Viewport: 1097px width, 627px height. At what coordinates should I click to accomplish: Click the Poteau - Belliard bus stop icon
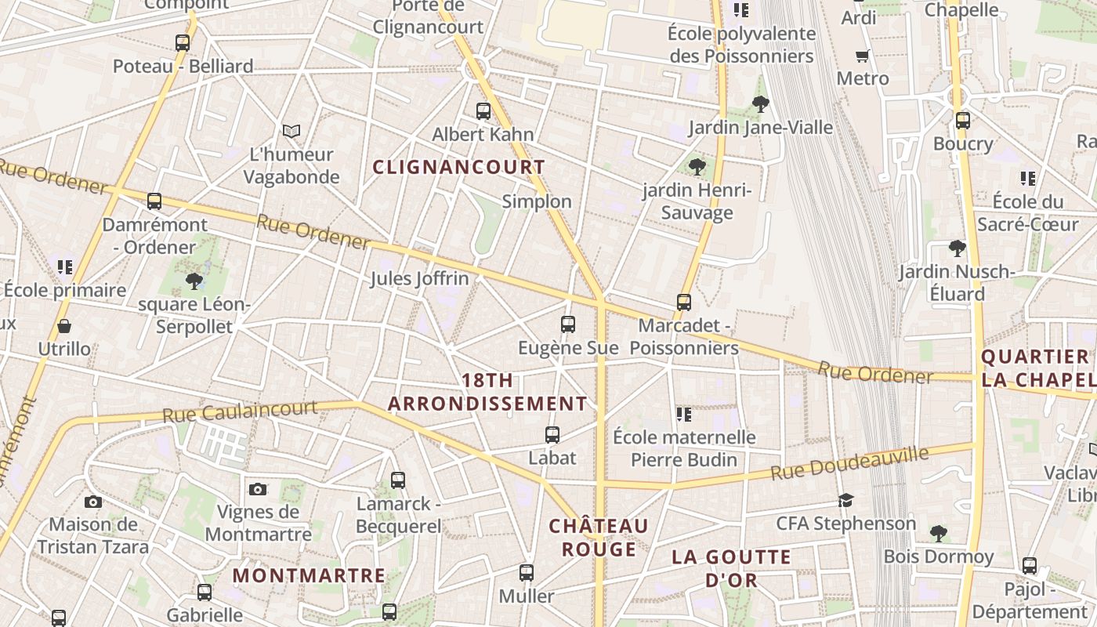click(x=183, y=43)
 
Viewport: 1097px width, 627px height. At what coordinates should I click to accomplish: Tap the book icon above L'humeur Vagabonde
click(x=291, y=131)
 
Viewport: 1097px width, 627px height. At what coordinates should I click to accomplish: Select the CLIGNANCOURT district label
click(x=458, y=167)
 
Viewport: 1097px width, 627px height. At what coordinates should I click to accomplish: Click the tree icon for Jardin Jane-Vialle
click(x=760, y=103)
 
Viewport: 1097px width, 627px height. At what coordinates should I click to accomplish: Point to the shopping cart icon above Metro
click(x=863, y=56)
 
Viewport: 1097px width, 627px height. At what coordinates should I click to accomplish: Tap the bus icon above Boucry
click(x=963, y=121)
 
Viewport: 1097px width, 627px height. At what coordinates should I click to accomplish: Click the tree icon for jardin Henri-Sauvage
click(x=697, y=166)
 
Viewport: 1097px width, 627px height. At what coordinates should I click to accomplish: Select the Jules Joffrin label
click(x=419, y=278)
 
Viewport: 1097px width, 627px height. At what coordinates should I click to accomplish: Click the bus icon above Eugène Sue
click(x=568, y=324)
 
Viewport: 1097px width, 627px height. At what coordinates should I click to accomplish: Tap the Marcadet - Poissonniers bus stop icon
click(x=684, y=302)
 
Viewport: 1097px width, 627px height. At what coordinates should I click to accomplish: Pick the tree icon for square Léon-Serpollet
click(x=194, y=281)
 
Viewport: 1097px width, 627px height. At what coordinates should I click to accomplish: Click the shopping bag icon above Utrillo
click(x=64, y=325)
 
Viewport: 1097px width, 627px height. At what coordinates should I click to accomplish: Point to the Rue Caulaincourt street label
click(x=240, y=411)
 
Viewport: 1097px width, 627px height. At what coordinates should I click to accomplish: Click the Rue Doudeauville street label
click(x=849, y=463)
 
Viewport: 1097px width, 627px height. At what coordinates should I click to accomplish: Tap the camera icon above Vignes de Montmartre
click(x=258, y=490)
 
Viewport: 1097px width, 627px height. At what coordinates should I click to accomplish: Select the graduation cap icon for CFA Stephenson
click(x=845, y=500)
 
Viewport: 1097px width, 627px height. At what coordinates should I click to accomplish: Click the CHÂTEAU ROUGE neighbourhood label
click(x=599, y=537)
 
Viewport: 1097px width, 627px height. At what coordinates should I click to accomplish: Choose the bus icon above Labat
click(x=552, y=434)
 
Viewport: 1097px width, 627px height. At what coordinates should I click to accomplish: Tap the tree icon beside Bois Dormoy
click(x=939, y=534)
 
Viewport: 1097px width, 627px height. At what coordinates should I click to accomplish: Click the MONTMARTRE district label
click(x=309, y=575)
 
